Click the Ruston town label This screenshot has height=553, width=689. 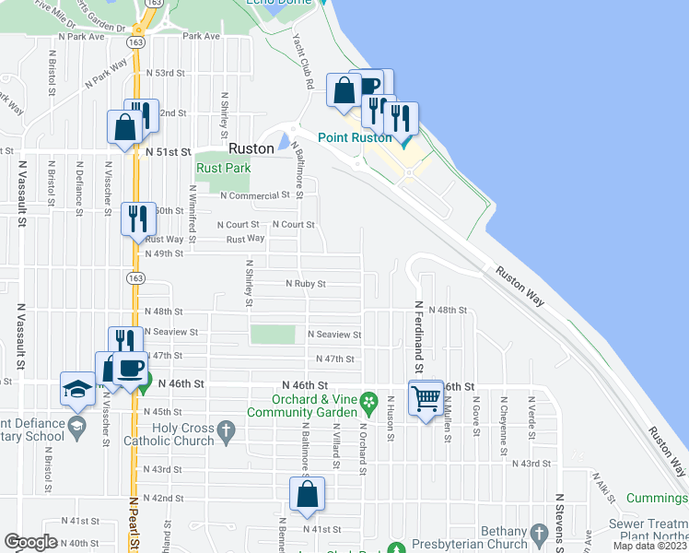point(251,148)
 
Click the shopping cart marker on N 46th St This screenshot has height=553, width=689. point(426,398)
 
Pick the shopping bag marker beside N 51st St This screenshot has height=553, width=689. point(124,126)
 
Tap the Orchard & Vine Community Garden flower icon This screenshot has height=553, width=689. point(368,401)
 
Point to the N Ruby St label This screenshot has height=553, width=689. point(305,285)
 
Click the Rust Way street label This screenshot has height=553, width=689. point(245,239)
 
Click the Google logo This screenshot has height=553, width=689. point(31,542)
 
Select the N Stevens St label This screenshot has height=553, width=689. point(559,522)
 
